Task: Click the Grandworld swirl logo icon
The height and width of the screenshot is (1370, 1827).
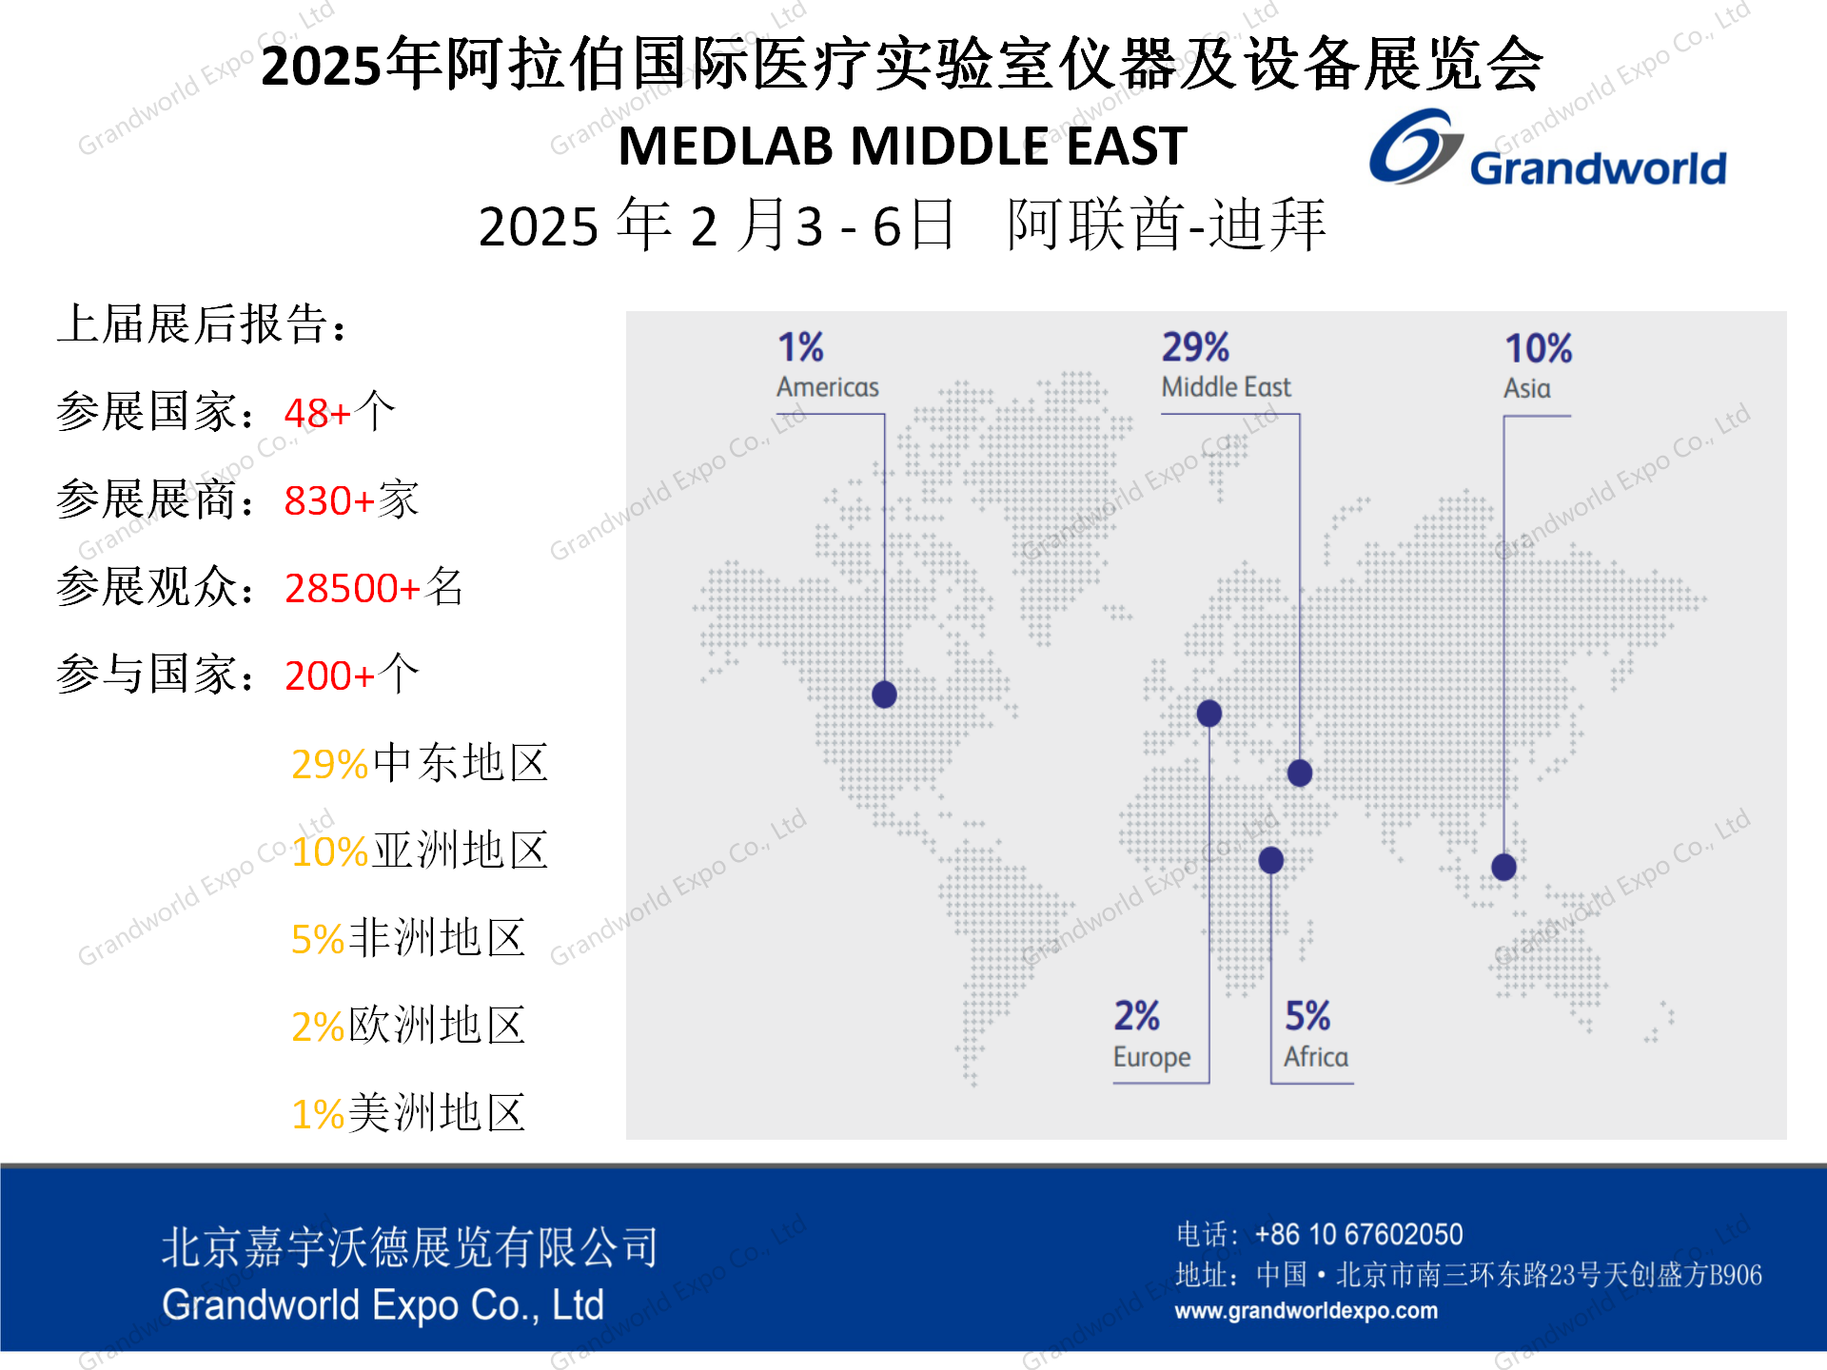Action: (x=1415, y=147)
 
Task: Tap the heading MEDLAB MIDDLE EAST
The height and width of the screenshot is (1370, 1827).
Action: (x=902, y=147)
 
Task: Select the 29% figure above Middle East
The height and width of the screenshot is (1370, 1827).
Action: (x=1195, y=347)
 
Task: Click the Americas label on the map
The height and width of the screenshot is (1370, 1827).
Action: (x=827, y=387)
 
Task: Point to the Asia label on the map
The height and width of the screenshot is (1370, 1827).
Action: (x=1526, y=388)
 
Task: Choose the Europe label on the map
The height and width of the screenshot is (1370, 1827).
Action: (x=1151, y=1057)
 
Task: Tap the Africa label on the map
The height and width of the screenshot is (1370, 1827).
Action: (x=1315, y=1057)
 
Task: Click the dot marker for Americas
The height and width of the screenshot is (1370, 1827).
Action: (x=884, y=695)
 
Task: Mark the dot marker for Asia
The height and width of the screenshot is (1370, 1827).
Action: (x=1503, y=867)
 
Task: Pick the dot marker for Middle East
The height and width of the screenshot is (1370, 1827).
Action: (x=1300, y=773)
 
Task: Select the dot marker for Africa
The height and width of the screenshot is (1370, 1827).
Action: (x=1271, y=860)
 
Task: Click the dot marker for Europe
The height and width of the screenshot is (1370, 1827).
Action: (x=1209, y=714)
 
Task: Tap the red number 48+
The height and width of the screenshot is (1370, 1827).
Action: (x=318, y=414)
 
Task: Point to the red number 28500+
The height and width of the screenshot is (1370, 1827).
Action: (x=352, y=589)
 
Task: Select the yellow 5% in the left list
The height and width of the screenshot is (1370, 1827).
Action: (x=317, y=940)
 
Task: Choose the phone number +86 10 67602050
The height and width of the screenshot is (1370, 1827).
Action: (x=1358, y=1235)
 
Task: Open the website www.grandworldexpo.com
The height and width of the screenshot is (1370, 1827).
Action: (x=1306, y=1311)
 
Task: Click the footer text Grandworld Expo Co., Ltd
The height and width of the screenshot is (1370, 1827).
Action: (x=383, y=1305)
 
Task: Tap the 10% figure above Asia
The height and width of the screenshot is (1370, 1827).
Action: (x=1538, y=348)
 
